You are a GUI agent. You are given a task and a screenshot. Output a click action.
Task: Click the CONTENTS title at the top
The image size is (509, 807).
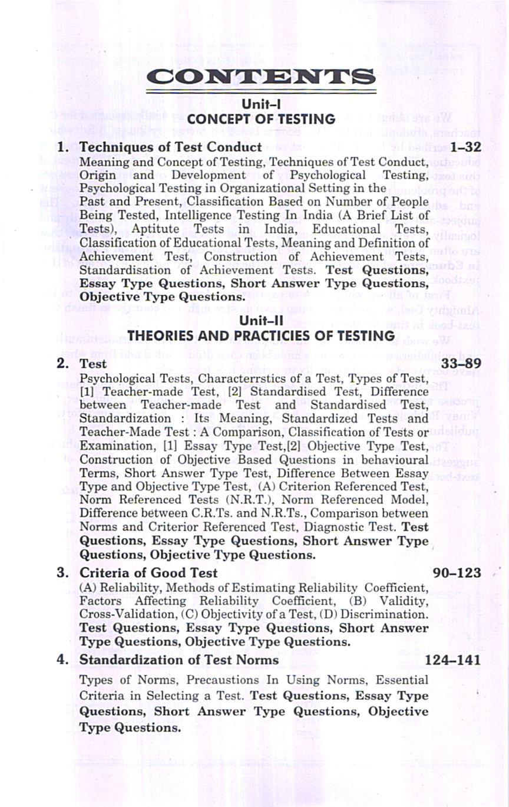tap(261, 77)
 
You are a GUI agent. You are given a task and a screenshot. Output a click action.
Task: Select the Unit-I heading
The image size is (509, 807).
tap(261, 104)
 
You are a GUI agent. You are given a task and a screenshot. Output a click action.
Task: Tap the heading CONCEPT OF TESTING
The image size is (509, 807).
tap(261, 119)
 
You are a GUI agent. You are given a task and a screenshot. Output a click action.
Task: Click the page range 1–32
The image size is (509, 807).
tap(465, 146)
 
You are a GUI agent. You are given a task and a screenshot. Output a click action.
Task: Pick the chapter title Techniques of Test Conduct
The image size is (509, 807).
tap(170, 146)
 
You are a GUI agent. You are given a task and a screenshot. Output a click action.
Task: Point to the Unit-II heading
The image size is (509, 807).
tap(261, 320)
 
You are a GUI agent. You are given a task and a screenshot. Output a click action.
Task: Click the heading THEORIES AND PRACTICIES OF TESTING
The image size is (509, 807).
tap(261, 335)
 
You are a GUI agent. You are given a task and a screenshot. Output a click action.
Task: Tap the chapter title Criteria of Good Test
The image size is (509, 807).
tap(148, 572)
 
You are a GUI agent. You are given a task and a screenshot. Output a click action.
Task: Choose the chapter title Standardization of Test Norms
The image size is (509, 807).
tap(179, 659)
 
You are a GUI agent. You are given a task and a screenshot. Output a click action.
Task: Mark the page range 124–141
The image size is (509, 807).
tap(453, 659)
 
